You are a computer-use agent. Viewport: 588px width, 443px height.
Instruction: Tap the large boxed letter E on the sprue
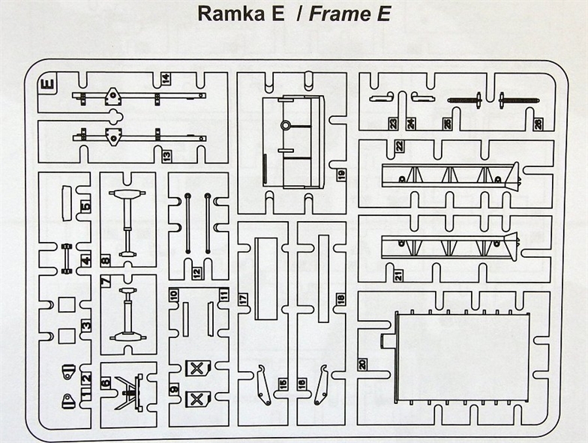[48, 84]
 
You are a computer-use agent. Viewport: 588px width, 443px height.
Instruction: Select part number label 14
[165, 79]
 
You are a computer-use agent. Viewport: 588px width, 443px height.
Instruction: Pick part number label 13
[166, 156]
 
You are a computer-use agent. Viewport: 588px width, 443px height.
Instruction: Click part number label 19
[340, 175]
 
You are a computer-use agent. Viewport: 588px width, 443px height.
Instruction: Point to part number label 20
[362, 365]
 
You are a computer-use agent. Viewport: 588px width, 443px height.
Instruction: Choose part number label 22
[400, 145]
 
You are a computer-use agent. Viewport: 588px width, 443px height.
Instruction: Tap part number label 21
[398, 276]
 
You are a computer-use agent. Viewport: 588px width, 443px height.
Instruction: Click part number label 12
[197, 273]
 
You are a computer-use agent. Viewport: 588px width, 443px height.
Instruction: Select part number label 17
[243, 299]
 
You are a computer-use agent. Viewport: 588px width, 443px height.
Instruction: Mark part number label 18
[340, 299]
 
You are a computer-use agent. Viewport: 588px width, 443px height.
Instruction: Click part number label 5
[85, 207]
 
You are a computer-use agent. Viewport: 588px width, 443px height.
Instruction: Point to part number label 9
[174, 390]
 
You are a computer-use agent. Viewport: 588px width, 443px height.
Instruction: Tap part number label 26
[538, 124]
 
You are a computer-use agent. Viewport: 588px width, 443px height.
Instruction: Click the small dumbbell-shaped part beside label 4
[67, 259]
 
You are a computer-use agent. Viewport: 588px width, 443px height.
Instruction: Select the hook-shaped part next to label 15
[264, 385]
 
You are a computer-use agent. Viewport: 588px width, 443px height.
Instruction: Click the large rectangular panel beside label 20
[462, 356]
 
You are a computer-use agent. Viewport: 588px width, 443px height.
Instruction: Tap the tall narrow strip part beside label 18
[324, 279]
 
